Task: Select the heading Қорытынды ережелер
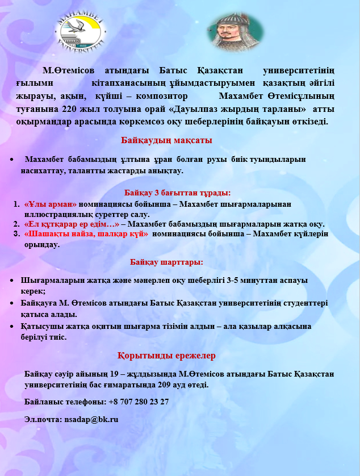pyautogui.click(x=166, y=356)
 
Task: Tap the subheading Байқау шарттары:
pyautogui.click(x=166, y=262)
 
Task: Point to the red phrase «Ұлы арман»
pyautogui.click(x=51, y=204)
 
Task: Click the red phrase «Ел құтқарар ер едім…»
pyautogui.click(x=72, y=224)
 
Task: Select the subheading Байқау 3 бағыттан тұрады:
pyautogui.click(x=177, y=193)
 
